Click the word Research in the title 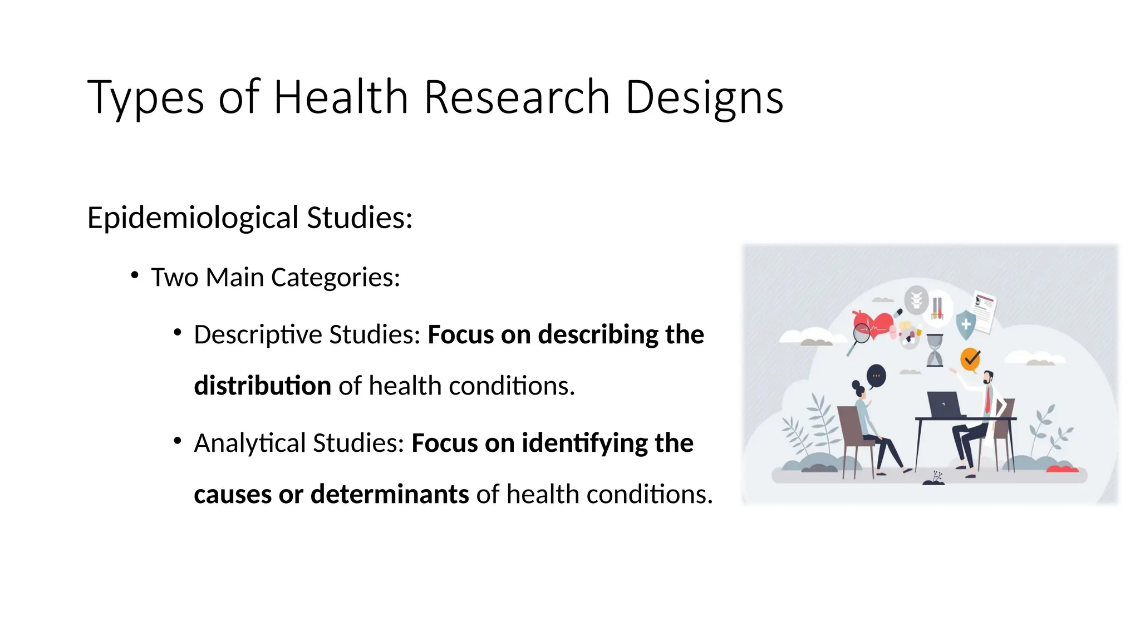click(x=517, y=97)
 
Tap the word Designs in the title click(x=704, y=97)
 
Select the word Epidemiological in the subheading click(x=193, y=218)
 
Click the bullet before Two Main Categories click(x=135, y=275)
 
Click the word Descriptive click(x=257, y=334)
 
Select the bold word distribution click(x=262, y=386)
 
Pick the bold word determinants click(x=390, y=494)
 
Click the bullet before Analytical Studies click(x=178, y=441)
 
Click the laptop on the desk click(x=944, y=403)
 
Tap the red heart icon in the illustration click(x=874, y=324)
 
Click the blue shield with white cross click(x=966, y=325)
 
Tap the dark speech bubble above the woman click(x=876, y=376)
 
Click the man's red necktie click(x=987, y=399)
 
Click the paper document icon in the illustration click(x=984, y=312)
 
